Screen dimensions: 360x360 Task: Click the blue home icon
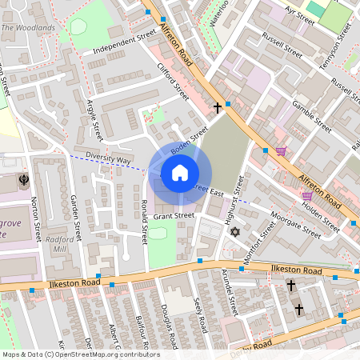pyautogui.click(x=180, y=173)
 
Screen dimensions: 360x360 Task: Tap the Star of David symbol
pyautogui.click(x=234, y=232)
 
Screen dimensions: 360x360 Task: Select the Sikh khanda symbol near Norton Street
pyautogui.click(x=24, y=179)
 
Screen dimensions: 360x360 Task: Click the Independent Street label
pyautogui.click(x=125, y=43)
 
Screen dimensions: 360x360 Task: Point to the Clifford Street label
pyautogui.click(x=172, y=82)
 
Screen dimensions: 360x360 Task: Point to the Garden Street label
pyautogui.click(x=76, y=220)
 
